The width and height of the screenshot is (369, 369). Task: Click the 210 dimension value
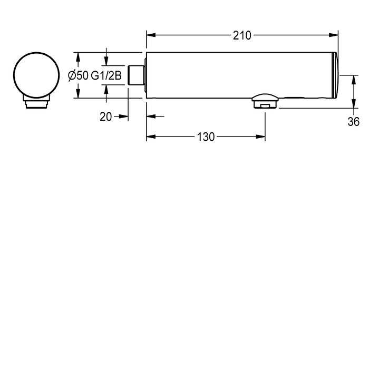coord(242,35)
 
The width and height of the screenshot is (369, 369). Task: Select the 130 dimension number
coord(206,137)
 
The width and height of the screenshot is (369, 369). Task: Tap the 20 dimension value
coord(105,116)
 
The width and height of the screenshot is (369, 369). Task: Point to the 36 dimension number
coord(354,122)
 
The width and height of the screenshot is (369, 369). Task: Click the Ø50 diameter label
coord(78,75)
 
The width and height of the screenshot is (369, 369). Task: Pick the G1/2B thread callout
coord(106,75)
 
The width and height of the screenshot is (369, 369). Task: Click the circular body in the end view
coord(36,75)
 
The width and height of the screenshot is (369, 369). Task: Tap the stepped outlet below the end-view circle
coord(36,102)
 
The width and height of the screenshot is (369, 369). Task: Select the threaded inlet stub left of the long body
coord(136,75)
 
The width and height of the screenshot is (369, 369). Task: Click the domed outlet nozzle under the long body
coord(265,101)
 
